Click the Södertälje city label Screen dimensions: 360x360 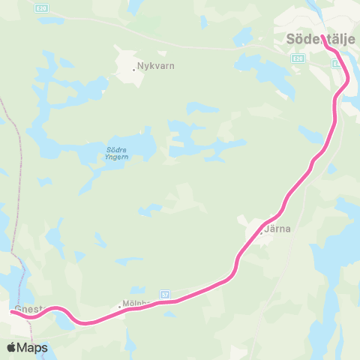click(x=320, y=38)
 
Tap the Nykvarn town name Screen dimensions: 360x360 click(x=156, y=65)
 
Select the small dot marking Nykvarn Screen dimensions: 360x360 click(x=133, y=70)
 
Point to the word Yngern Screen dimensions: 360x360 click(x=117, y=157)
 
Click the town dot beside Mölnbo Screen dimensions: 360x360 click(x=119, y=306)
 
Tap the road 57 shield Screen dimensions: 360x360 click(x=165, y=295)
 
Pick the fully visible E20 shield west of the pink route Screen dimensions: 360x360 click(x=298, y=58)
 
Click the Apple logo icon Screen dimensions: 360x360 click(x=12, y=347)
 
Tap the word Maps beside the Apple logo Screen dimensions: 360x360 click(x=33, y=347)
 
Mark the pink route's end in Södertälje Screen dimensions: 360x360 click(x=324, y=36)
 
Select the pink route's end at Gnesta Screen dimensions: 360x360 click(x=14, y=311)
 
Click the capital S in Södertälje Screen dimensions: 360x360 click(x=292, y=38)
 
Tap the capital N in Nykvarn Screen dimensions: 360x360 click(x=140, y=65)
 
